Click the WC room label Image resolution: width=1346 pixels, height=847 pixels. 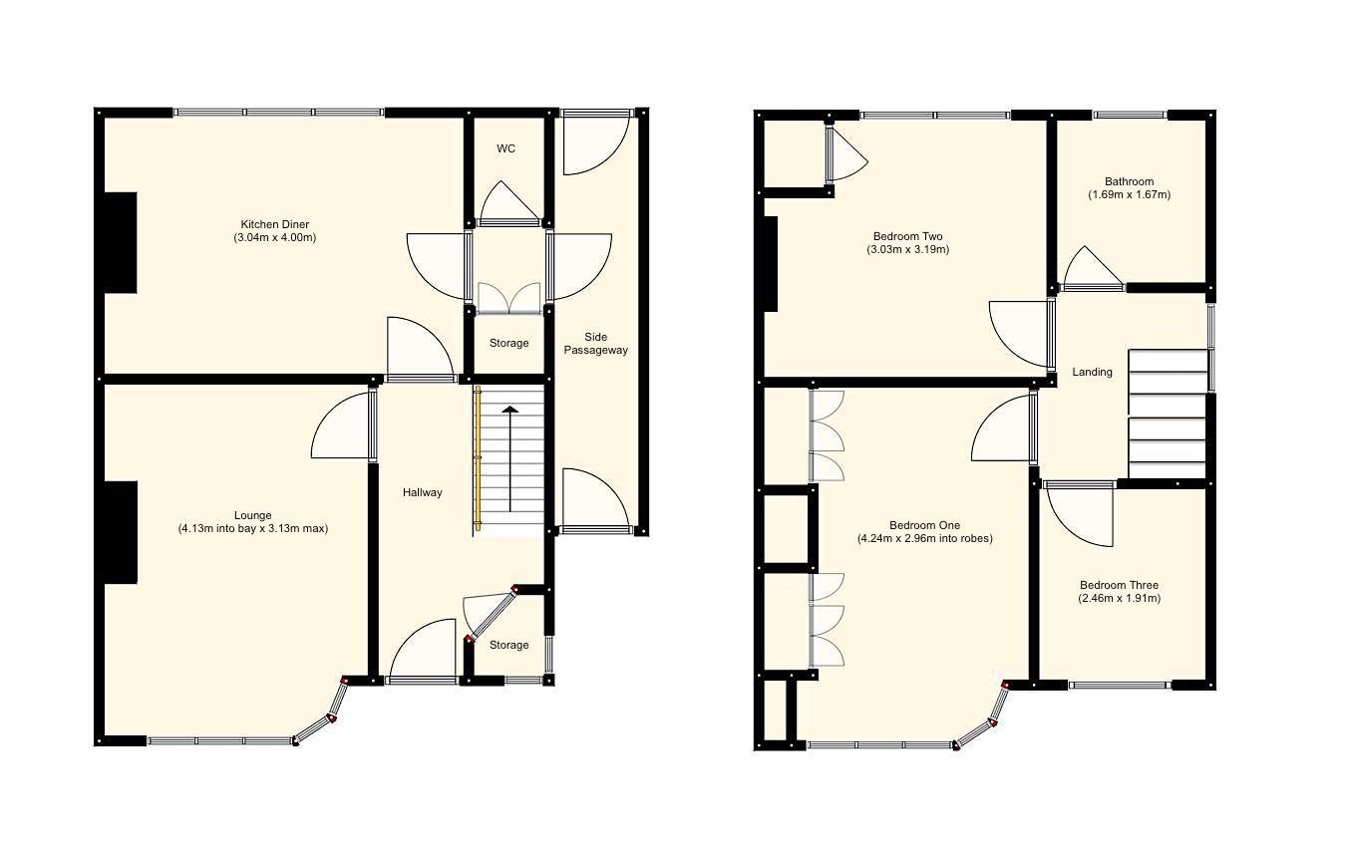pyautogui.click(x=506, y=149)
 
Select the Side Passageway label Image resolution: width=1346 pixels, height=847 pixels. pyautogui.click(x=595, y=344)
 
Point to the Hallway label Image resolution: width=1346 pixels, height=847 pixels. pyautogui.click(x=422, y=492)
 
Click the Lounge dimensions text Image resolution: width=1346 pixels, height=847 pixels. pyautogui.click(x=253, y=529)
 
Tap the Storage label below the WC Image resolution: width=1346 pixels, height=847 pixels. pyautogui.click(x=508, y=344)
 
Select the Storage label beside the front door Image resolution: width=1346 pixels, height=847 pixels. pyautogui.click(x=508, y=646)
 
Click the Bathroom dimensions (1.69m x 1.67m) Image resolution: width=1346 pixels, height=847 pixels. pyautogui.click(x=1129, y=195)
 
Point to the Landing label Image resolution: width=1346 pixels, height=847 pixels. pyautogui.click(x=1092, y=373)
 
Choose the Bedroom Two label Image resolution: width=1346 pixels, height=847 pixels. pyautogui.click(x=907, y=237)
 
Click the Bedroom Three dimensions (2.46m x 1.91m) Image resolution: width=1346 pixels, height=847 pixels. pyautogui.click(x=1119, y=599)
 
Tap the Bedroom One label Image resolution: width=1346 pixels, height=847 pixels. pyautogui.click(x=924, y=525)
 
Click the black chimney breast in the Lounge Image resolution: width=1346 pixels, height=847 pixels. pyautogui.click(x=121, y=532)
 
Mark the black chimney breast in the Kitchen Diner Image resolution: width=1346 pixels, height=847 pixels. pyautogui.click(x=121, y=242)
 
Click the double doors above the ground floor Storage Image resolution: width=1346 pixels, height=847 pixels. pyautogui.click(x=508, y=299)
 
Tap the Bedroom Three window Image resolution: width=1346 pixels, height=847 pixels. pyautogui.click(x=1120, y=686)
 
